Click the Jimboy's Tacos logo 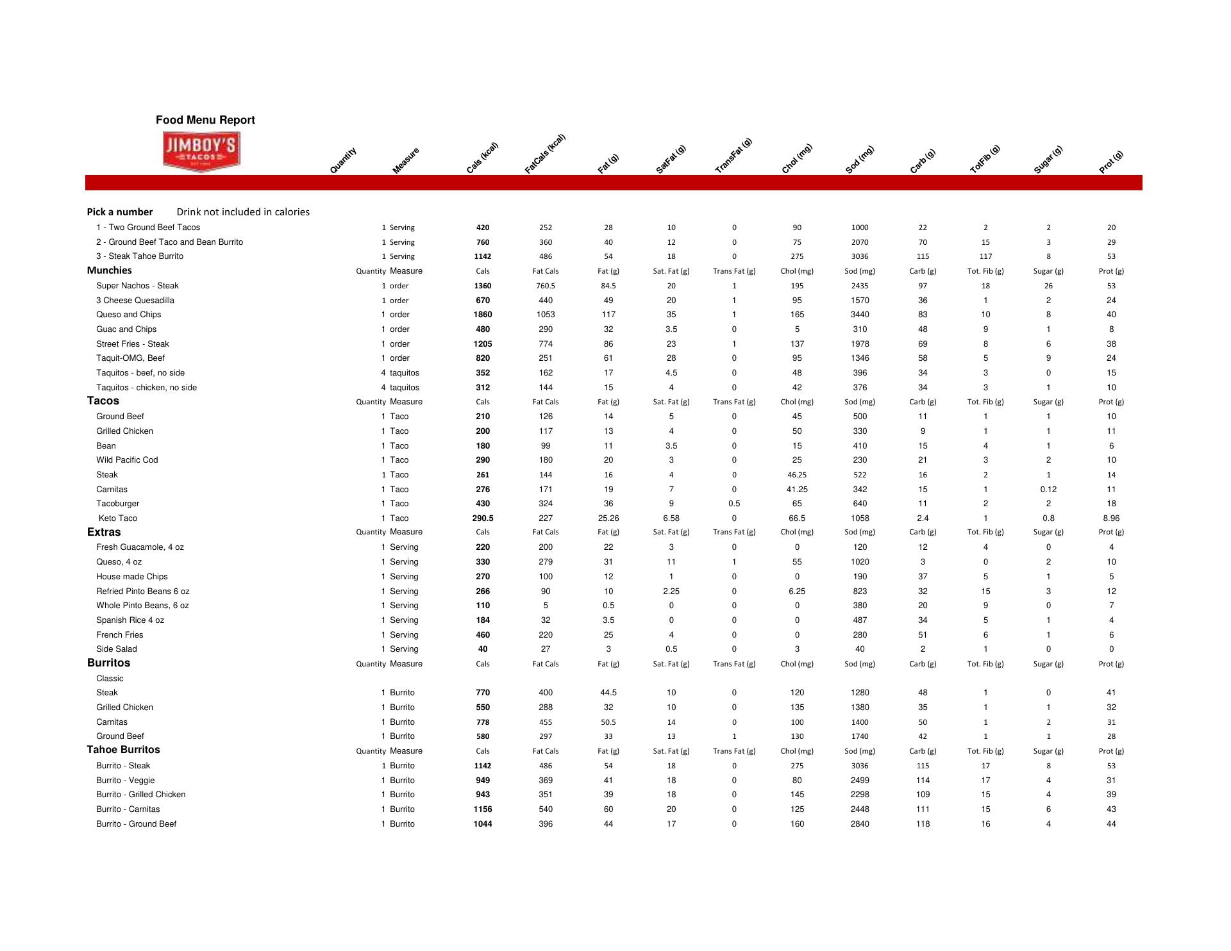201,152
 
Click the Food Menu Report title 205,120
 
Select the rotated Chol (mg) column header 796,158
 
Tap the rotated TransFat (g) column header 733,156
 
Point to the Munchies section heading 110,270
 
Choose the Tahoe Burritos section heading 124,750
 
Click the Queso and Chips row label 129,315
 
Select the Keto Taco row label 118,518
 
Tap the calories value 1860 483,315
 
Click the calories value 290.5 483,518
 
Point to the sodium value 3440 860,315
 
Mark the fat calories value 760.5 546,286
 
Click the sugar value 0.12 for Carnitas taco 1048,490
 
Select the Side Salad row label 117,649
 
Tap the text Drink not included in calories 243,212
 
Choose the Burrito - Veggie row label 126,781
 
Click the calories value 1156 483,809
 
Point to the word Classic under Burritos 110,679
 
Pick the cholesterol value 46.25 797,475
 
